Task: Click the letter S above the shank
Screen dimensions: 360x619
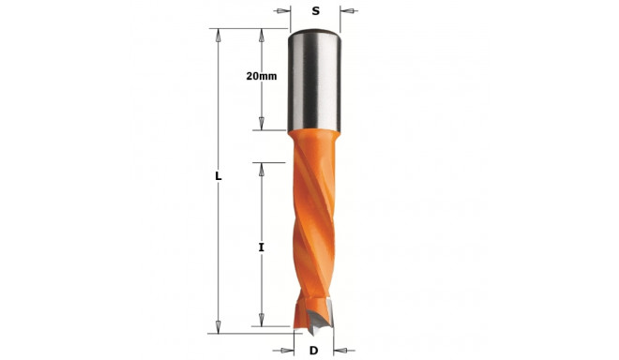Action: [315, 12]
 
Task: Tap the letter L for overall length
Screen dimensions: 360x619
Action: [218, 176]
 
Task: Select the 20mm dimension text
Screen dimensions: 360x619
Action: [262, 77]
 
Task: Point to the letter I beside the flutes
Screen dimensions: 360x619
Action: [262, 247]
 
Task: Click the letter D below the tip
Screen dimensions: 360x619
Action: [314, 351]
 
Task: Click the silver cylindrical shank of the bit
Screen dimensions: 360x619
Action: [315, 84]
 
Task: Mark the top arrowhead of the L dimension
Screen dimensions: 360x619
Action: [219, 36]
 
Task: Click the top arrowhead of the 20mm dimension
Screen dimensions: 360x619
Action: [263, 36]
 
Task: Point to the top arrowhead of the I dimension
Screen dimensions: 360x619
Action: [263, 169]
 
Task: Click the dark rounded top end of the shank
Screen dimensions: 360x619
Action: [315, 36]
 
